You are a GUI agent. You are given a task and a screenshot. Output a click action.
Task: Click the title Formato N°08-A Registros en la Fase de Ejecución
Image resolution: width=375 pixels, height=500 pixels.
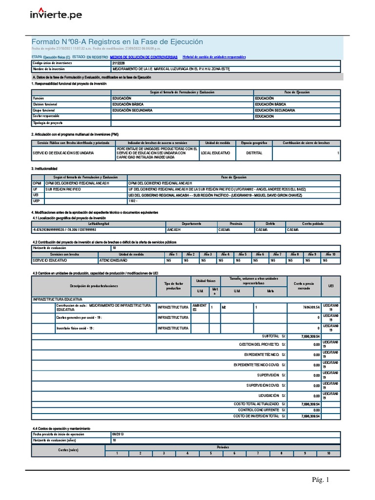point(117,42)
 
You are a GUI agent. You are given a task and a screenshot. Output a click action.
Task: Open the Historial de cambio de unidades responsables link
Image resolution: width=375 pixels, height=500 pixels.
point(214,57)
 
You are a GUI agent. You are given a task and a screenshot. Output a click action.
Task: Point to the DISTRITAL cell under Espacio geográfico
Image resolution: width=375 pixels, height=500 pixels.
point(254,153)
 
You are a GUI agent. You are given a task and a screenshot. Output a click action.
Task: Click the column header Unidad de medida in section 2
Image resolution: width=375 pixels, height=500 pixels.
point(217,143)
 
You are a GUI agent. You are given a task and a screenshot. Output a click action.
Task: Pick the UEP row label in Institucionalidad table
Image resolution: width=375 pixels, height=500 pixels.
point(37,201)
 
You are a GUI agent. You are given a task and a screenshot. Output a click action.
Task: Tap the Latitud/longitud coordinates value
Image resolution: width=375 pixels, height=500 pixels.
point(64,229)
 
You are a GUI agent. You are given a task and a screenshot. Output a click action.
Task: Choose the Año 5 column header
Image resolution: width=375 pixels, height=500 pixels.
point(243,254)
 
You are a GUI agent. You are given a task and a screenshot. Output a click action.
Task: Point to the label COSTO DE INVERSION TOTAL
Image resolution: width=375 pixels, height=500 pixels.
point(256,416)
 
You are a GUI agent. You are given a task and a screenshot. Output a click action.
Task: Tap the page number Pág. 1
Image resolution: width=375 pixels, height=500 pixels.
point(321,480)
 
